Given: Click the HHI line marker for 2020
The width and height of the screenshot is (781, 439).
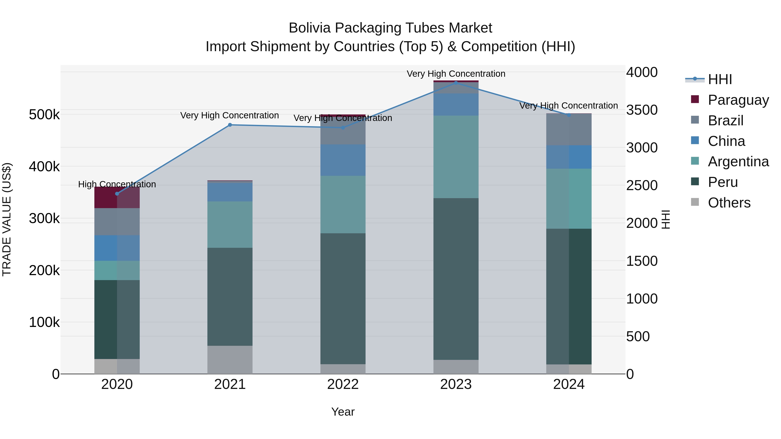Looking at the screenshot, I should tap(117, 194).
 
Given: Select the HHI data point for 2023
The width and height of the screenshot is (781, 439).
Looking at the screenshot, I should tap(456, 83).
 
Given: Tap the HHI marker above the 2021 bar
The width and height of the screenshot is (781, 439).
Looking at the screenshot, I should tap(230, 125).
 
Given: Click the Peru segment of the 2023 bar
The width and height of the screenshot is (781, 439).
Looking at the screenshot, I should tap(456, 279).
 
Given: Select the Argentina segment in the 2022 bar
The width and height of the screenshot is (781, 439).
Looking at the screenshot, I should tap(343, 204).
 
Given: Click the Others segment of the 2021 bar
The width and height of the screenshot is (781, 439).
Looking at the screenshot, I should tap(230, 360).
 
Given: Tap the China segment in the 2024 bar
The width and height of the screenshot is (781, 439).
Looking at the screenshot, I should tap(569, 157).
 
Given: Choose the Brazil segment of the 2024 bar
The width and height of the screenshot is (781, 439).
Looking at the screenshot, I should tap(569, 129).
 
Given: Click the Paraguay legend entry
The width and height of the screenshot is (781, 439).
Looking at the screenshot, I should tap(738, 100).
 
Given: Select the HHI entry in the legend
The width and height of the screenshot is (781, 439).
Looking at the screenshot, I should tap(720, 79).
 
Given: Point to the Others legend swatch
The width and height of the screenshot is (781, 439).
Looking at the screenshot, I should tap(695, 202).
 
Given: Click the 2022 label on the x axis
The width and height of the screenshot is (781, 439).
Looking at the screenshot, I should tap(343, 384).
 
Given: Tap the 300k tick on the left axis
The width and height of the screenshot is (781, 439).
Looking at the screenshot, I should tap(44, 218).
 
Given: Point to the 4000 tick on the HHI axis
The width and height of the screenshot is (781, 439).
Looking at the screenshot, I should tap(642, 72).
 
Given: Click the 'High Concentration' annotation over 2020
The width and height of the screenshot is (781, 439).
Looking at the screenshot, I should tap(117, 184).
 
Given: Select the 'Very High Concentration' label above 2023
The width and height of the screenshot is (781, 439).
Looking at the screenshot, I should tap(456, 74).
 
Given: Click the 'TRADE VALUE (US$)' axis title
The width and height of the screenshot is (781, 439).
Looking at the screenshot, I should tap(7, 219).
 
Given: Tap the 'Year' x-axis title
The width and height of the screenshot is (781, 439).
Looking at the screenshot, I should tap(343, 412).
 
